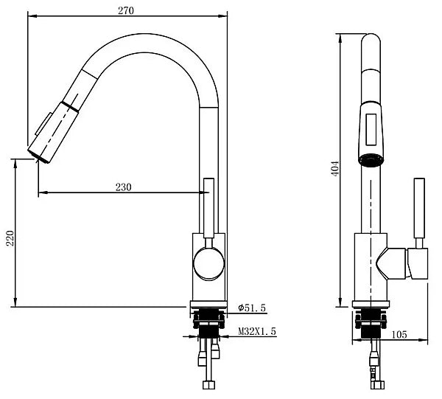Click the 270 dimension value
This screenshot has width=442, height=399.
tap(126, 10)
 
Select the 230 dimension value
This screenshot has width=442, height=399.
tap(124, 187)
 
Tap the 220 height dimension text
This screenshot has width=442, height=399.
tap(10, 238)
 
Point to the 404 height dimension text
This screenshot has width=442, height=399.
tap(335, 169)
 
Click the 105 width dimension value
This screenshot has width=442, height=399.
tap(399, 335)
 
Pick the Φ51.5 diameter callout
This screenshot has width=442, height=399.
tap(252, 308)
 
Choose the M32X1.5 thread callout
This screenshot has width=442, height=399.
tap(257, 331)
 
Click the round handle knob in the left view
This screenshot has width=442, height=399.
tap(208, 264)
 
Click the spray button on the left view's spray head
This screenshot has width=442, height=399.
tap(43, 124)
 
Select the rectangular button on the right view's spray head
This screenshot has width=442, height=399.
tap(371, 130)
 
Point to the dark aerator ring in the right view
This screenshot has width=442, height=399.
tap(371, 160)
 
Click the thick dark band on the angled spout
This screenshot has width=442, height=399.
tap(70, 108)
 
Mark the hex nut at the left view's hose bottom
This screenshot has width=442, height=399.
tap(208, 385)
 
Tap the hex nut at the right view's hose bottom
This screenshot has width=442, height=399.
tap(379, 385)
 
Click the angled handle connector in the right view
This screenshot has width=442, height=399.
tap(393, 264)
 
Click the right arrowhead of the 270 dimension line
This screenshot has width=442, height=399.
tap(223, 16)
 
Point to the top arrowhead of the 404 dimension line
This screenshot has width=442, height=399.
tap(340, 38)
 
